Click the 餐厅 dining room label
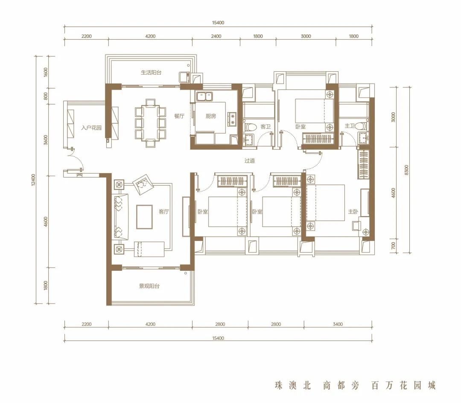coord(179,116)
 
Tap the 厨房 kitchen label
coord(211,116)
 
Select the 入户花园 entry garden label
coord(91,128)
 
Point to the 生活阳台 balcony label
coord(151,72)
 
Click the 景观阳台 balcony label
coord(149,286)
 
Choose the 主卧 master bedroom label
coord(353,212)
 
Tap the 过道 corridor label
coord(249,161)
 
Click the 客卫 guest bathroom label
coord(266,127)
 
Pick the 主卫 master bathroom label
coord(350,126)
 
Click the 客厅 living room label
coord(164,212)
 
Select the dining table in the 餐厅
coord(151,122)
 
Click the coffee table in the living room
coord(144,217)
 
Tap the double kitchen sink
coord(204,96)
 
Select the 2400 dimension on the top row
coord(216,36)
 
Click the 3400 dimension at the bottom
coord(338,324)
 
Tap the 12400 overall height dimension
coord(33,180)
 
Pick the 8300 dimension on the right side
coord(406,170)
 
